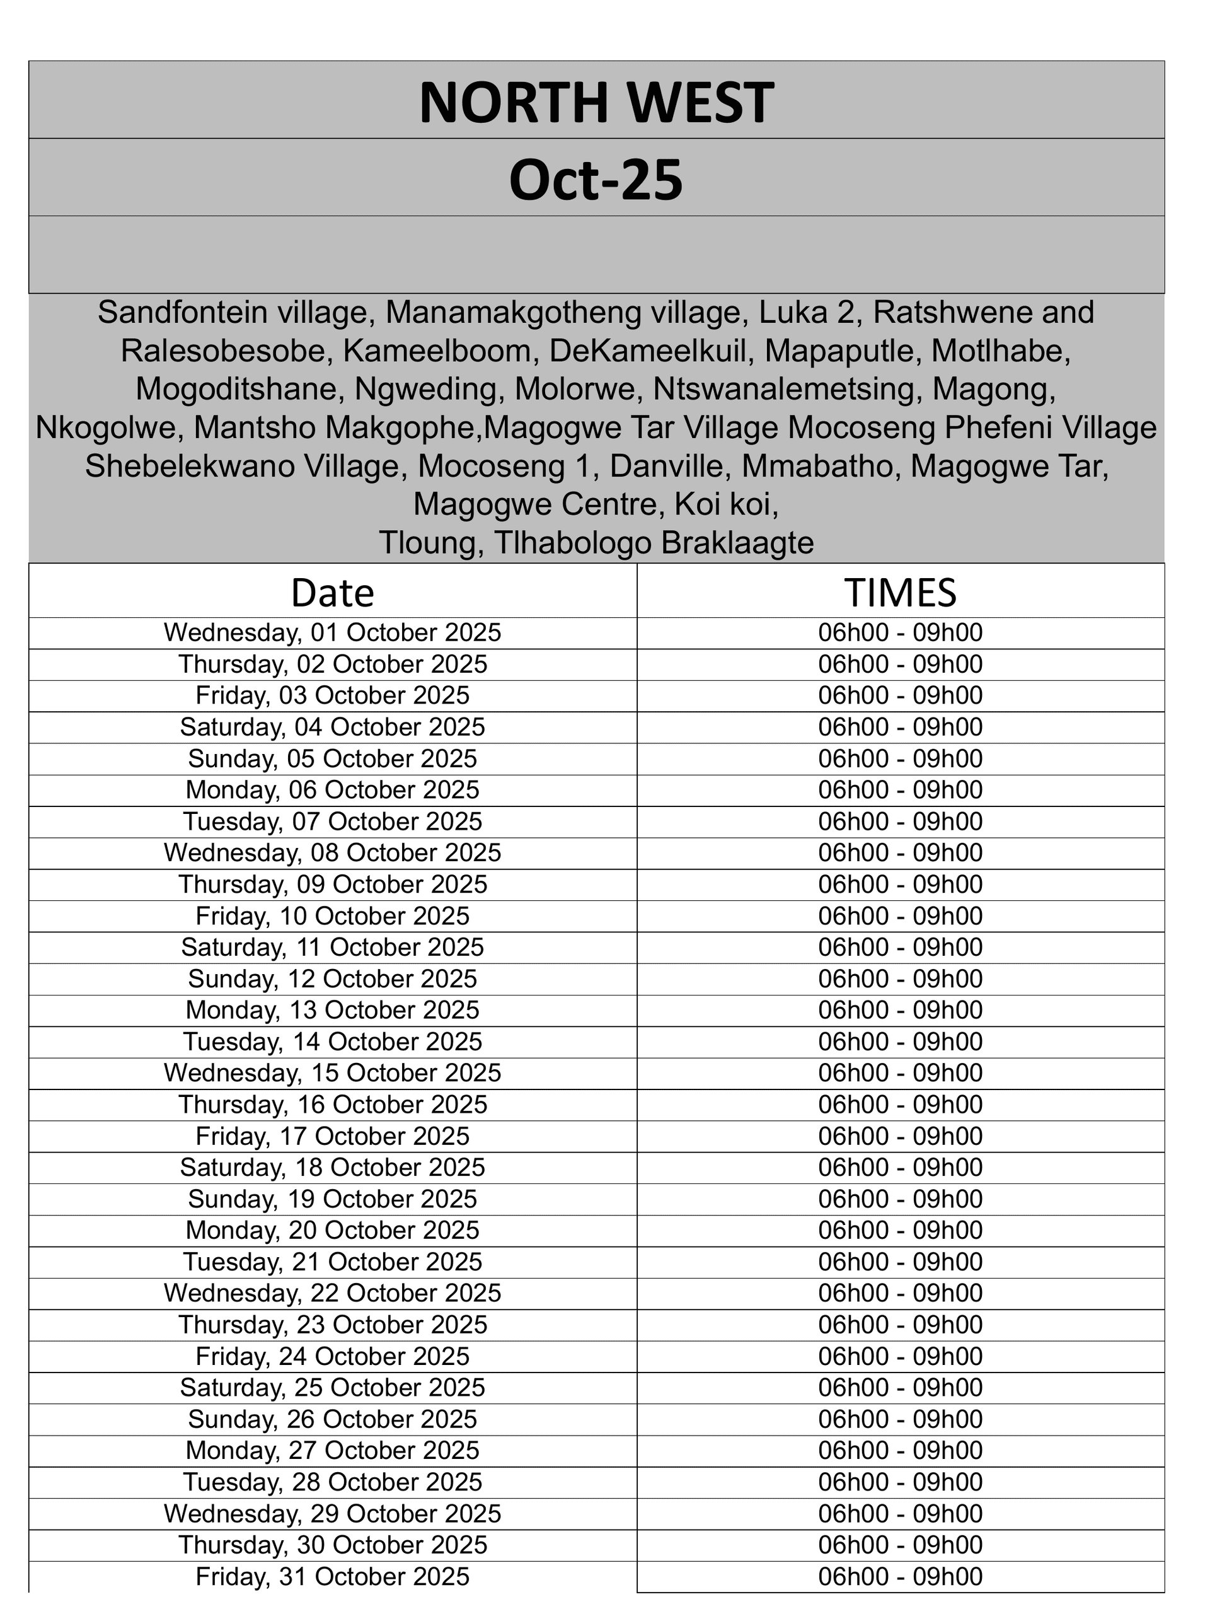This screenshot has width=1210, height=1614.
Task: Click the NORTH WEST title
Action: click(596, 102)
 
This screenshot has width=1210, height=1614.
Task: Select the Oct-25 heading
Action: click(596, 180)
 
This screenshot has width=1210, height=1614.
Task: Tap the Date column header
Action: click(333, 593)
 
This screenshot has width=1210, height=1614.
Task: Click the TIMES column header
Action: click(900, 592)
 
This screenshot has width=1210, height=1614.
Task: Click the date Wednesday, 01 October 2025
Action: click(333, 632)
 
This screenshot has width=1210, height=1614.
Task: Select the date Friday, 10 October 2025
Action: click(333, 915)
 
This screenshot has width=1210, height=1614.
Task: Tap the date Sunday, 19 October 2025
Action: click(333, 1199)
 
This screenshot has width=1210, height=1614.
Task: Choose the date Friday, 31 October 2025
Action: click(333, 1577)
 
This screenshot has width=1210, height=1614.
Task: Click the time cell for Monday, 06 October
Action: click(900, 790)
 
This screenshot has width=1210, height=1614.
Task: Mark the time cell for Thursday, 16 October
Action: click(900, 1105)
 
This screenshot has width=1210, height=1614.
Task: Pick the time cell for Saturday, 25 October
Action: click(900, 1388)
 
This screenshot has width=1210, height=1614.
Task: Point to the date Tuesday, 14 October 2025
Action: click(333, 1042)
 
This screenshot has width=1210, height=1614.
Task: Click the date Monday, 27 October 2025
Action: click(333, 1451)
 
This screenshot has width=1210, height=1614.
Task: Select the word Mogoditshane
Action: click(238, 389)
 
